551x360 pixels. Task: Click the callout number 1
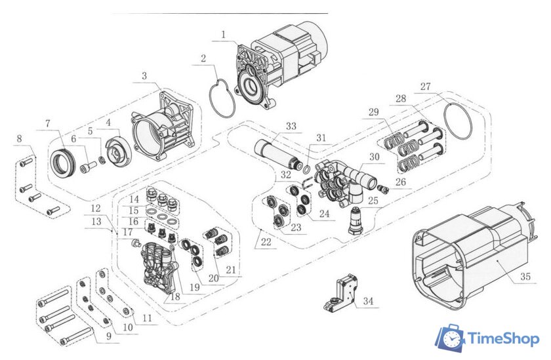pyautogui.click(x=224, y=34)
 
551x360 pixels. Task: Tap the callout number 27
pyautogui.click(x=426, y=87)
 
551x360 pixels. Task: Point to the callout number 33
pyautogui.click(x=291, y=125)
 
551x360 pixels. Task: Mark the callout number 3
pyautogui.click(x=144, y=77)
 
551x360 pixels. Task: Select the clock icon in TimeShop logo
pyautogui.click(x=451, y=338)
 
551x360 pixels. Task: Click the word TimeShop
pyautogui.click(x=503, y=338)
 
